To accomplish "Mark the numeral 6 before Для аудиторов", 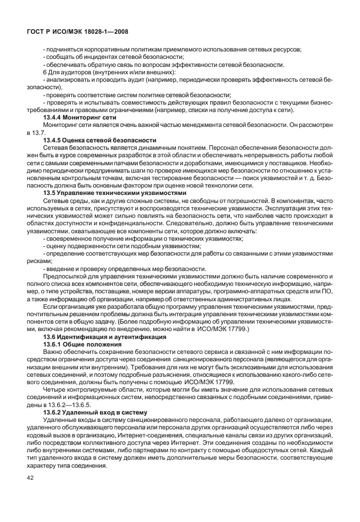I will [x=45, y=72].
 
